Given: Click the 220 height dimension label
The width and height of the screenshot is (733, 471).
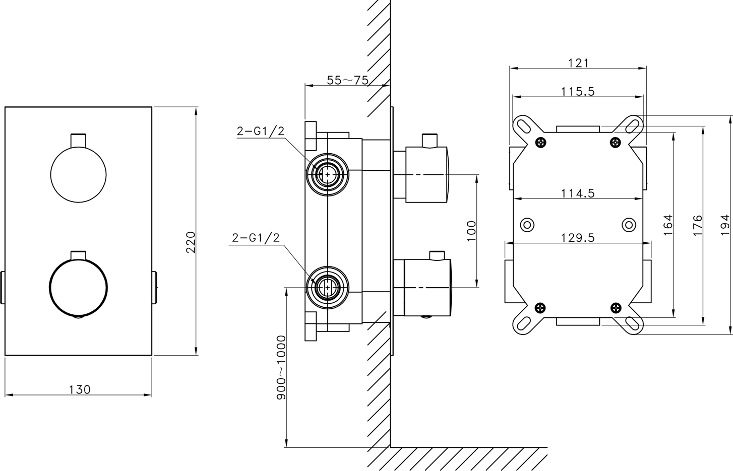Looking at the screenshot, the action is (x=191, y=242).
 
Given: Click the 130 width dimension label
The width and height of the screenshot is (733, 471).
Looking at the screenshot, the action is (x=80, y=389).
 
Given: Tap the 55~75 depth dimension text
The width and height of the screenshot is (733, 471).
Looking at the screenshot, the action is (x=347, y=80).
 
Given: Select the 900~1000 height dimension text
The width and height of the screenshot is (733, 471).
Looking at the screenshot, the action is (x=281, y=367).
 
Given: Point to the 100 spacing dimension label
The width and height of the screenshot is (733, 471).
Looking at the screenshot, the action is (x=471, y=231).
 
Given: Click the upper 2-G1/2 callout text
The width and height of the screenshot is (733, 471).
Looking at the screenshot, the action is (x=261, y=131).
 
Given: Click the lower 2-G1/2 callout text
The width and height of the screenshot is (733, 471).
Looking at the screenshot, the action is (x=256, y=237).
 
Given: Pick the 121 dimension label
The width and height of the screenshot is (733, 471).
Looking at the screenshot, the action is (x=578, y=63).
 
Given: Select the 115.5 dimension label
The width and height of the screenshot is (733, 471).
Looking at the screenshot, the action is (x=578, y=92).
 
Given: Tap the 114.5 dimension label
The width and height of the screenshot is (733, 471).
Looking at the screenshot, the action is (x=578, y=193).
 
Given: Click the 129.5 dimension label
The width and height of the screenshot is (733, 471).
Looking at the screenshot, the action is (x=578, y=238).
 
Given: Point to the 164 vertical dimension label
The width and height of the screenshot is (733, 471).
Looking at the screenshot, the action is (x=667, y=224).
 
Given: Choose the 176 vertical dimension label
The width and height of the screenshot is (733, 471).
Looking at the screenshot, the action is (x=697, y=225).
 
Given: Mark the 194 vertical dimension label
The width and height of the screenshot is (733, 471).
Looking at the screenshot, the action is (x=725, y=224).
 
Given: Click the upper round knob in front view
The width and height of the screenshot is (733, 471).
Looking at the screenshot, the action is (x=78, y=174).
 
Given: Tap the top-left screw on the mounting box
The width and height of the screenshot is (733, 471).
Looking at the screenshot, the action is (x=540, y=142).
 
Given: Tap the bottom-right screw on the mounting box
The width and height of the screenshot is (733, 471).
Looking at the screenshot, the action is (x=616, y=307).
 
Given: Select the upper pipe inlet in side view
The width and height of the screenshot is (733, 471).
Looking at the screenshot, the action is (x=327, y=175).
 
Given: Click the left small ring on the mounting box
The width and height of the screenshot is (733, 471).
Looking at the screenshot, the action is (x=527, y=225).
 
